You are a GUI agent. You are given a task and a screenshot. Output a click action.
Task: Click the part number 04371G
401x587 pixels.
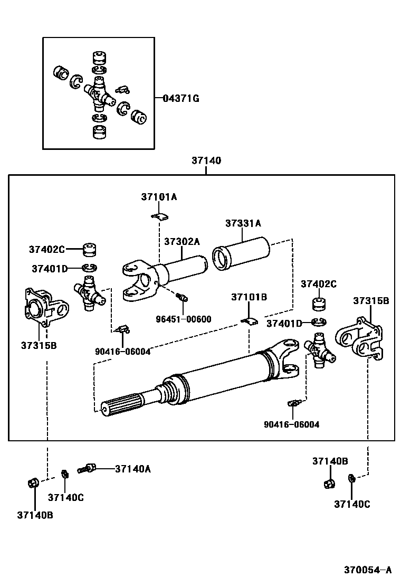point(180,98)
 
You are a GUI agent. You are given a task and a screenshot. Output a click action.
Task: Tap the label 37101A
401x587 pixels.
point(159,197)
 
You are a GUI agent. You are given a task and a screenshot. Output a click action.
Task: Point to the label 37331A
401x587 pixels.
point(243,223)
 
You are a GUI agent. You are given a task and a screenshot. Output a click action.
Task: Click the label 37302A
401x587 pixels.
point(182,241)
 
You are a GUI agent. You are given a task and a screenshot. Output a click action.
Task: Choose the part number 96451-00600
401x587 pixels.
point(184,319)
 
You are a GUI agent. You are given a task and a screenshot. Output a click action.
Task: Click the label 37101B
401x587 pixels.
point(249,297)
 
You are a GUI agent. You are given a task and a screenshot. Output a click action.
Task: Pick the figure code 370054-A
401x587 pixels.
point(368,570)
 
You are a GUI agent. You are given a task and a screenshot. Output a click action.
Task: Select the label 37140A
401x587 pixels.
point(133,468)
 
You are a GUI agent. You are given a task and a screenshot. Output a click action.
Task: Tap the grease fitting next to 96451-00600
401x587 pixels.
point(183,297)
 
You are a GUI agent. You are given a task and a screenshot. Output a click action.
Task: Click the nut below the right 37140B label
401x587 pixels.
point(329,483)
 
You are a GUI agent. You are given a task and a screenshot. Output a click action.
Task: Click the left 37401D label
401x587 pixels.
point(49,269)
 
